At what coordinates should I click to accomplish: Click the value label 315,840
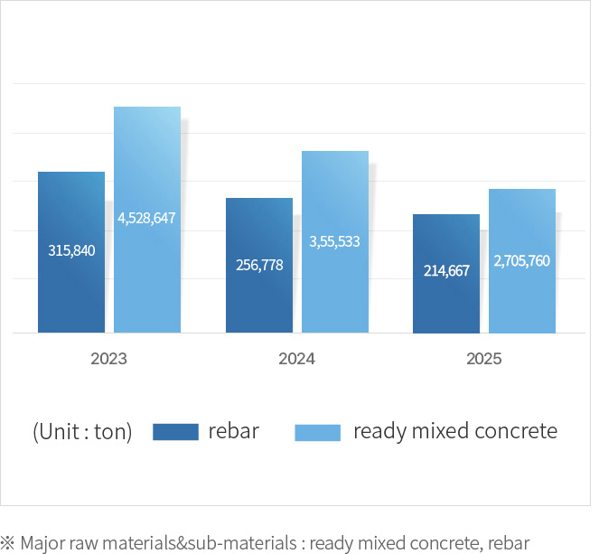click(71, 250)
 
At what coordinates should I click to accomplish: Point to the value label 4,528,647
click(146, 218)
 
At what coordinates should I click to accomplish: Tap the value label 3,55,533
click(334, 241)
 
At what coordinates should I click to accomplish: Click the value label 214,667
click(446, 270)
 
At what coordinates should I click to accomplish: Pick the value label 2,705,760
click(521, 260)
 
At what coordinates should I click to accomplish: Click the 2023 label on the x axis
click(108, 358)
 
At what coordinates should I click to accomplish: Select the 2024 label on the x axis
click(296, 358)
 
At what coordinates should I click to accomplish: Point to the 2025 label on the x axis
click(484, 358)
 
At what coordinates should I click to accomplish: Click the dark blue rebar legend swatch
click(175, 432)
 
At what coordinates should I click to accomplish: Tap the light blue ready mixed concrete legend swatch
click(318, 432)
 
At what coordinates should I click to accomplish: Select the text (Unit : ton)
click(82, 432)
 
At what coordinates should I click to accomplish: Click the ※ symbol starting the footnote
click(8, 544)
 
